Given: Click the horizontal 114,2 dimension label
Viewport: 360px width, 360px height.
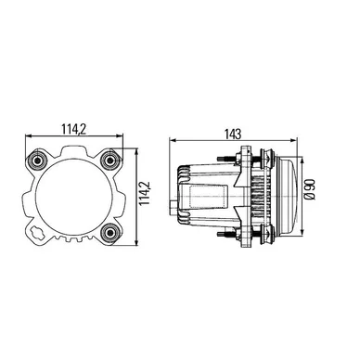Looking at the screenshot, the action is pyautogui.click(x=74, y=129).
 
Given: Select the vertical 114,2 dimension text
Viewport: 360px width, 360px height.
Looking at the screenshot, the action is pyautogui.click(x=145, y=193).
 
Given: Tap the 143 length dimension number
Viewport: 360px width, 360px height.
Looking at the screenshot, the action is pyautogui.click(x=233, y=134).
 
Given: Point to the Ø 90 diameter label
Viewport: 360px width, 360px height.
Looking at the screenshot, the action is pyautogui.click(x=310, y=189).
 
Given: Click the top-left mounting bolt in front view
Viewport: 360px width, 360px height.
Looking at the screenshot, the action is pyautogui.click(x=38, y=161).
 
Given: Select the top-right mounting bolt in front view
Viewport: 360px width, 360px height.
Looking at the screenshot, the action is pyautogui.click(x=110, y=161).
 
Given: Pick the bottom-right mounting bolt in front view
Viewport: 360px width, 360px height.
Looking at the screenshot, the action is pyautogui.click(x=110, y=233).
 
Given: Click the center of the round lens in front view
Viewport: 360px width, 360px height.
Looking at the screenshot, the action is pyautogui.click(x=74, y=197).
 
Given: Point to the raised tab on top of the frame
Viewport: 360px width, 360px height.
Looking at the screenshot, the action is pyautogui.click(x=74, y=151).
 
